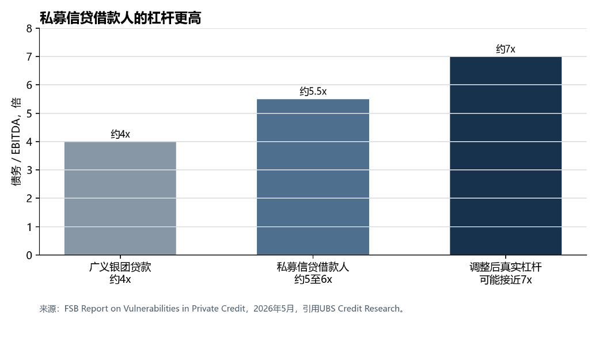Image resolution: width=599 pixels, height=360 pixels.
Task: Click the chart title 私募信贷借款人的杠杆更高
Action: click(x=120, y=18)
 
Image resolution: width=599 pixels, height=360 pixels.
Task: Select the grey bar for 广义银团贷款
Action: click(x=120, y=198)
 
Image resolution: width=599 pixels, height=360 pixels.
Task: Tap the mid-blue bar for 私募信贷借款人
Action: click(x=313, y=177)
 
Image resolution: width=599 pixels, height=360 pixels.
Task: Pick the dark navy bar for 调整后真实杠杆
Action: click(x=506, y=156)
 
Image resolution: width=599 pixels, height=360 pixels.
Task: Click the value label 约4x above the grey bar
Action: click(x=120, y=134)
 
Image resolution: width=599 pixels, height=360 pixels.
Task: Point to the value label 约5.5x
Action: click(x=313, y=92)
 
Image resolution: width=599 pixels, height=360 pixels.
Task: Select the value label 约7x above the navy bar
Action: click(x=506, y=49)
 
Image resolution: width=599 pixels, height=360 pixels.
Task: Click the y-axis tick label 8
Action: click(x=29, y=29)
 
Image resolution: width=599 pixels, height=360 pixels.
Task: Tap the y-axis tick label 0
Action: click(x=29, y=255)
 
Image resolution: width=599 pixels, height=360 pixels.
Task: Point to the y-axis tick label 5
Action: click(x=29, y=113)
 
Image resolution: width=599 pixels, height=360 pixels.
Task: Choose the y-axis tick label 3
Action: click(x=29, y=170)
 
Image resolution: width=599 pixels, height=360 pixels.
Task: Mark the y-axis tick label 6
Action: click(x=29, y=85)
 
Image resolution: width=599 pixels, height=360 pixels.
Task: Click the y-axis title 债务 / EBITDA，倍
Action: click(x=16, y=141)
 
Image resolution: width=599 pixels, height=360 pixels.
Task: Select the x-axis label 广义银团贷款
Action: click(x=120, y=267)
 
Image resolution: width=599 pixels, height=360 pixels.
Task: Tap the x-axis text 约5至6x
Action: click(x=313, y=279)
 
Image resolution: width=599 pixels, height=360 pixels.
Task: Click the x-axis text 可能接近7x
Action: click(x=506, y=279)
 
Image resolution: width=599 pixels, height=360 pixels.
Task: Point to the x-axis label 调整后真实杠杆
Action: click(x=506, y=267)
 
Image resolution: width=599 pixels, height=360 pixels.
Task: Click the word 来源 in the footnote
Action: click(x=48, y=309)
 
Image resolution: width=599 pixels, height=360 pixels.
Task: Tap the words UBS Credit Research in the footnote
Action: click(x=359, y=309)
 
